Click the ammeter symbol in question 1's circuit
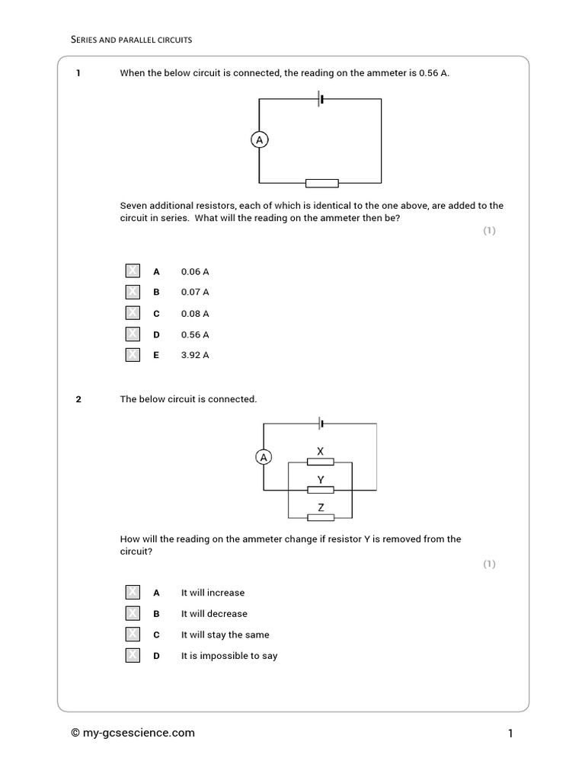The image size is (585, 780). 260,140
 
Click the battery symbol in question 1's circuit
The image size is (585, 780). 321,99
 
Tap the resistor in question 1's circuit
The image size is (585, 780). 321,183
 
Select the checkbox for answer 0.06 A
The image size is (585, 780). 133,271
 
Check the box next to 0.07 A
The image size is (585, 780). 133,292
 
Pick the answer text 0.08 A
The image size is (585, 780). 195,313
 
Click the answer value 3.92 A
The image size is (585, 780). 195,355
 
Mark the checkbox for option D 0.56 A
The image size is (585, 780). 133,334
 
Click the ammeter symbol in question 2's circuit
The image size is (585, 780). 264,457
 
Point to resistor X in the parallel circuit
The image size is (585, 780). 320,462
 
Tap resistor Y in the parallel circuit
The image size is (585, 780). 320,489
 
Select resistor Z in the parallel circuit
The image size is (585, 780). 320,517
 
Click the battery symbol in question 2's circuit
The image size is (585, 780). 322,423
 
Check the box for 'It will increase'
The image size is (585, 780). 133,593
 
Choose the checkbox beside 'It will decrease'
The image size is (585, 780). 133,613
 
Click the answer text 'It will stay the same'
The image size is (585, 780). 225,635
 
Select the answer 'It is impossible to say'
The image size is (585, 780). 229,656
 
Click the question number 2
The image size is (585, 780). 78,399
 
